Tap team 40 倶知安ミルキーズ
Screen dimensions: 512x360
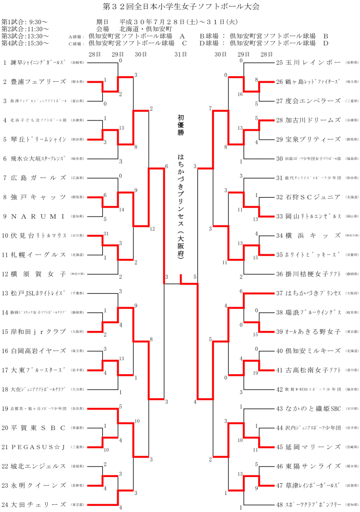[x=308, y=350]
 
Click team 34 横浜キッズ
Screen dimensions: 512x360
[x=308, y=235]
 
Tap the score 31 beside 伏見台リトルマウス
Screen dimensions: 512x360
[x=106, y=234]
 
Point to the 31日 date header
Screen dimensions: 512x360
[x=181, y=54]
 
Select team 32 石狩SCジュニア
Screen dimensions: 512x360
[x=308, y=197]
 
